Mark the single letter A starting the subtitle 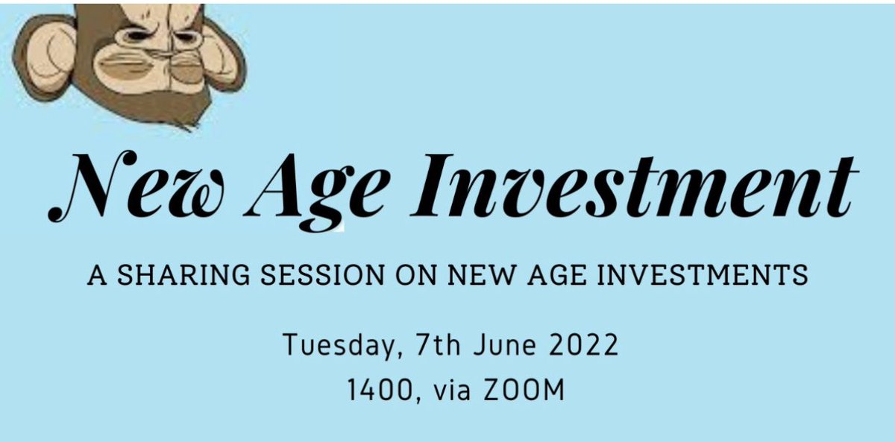[95, 277]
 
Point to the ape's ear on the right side [224, 56]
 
